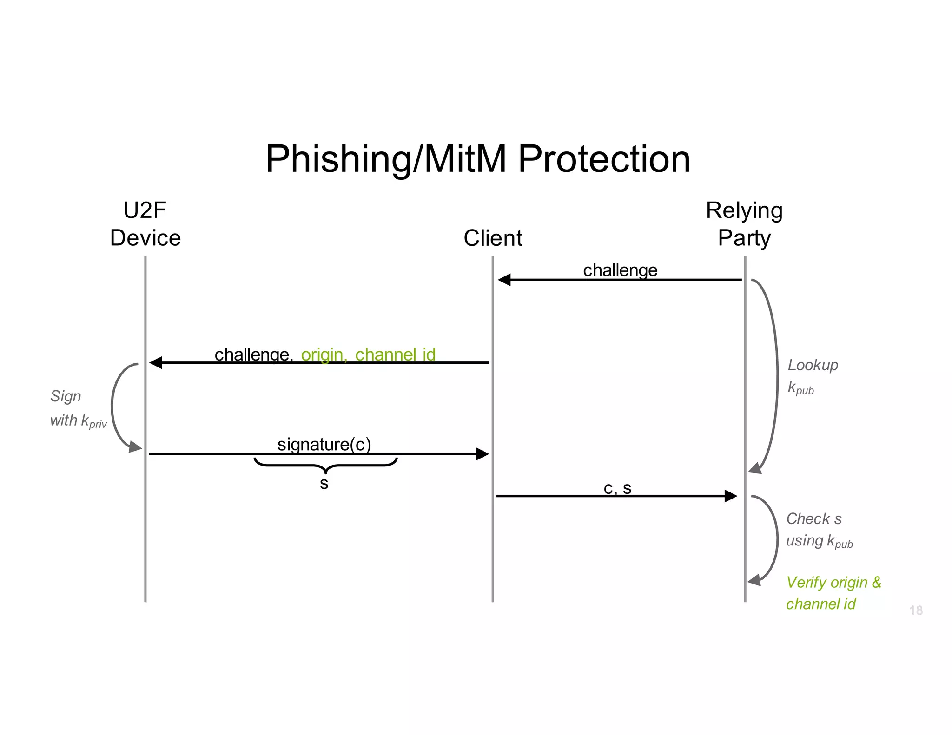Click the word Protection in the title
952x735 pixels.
click(x=604, y=159)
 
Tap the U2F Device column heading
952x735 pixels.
click(x=145, y=224)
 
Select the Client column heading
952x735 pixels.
click(x=493, y=238)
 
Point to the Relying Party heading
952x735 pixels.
click(x=744, y=224)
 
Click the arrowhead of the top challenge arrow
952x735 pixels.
click(x=504, y=280)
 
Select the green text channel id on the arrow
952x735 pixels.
click(x=395, y=354)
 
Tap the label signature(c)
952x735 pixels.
click(x=324, y=444)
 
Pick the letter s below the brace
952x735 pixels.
click(x=324, y=484)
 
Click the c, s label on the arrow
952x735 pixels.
click(x=617, y=488)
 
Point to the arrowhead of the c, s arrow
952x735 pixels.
click(x=731, y=496)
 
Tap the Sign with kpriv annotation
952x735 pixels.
click(x=78, y=409)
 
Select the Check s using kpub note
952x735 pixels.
click(x=819, y=530)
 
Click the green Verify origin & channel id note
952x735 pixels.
click(x=833, y=593)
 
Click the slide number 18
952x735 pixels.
click(x=916, y=610)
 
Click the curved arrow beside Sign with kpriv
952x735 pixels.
click(x=113, y=405)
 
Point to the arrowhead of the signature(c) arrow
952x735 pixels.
click(x=483, y=454)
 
